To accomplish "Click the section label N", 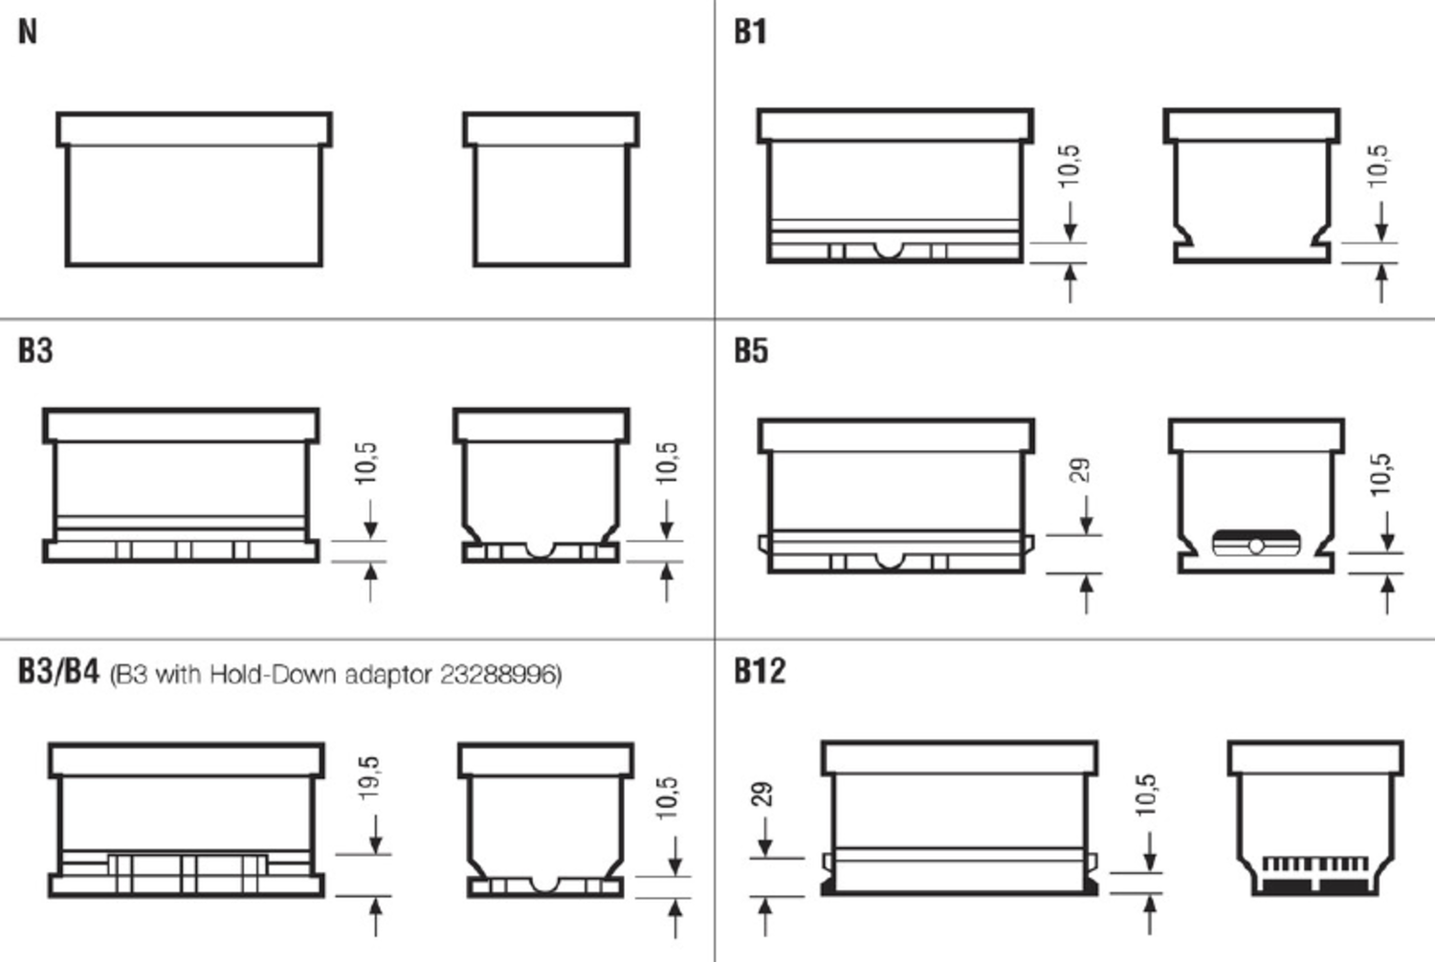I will tap(28, 33).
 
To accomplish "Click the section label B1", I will tap(751, 33).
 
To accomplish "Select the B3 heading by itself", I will tap(35, 350).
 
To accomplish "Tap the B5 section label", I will tap(751, 350).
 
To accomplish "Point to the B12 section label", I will tap(760, 670).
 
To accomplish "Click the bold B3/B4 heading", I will tap(58, 671).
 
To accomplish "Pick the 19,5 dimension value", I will tap(369, 777).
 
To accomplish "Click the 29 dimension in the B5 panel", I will tap(1079, 470).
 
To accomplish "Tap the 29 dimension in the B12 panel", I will tap(762, 794).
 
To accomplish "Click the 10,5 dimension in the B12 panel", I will tap(1145, 794).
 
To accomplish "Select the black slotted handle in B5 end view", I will tap(1256, 543).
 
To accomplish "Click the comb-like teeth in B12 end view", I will tap(1314, 864).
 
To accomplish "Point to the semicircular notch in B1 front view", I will tap(889, 251).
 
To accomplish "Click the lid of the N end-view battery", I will tap(551, 129).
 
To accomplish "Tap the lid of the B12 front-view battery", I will tap(960, 758).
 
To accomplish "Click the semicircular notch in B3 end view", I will tap(541, 550).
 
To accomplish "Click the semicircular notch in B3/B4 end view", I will tap(544, 885).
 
